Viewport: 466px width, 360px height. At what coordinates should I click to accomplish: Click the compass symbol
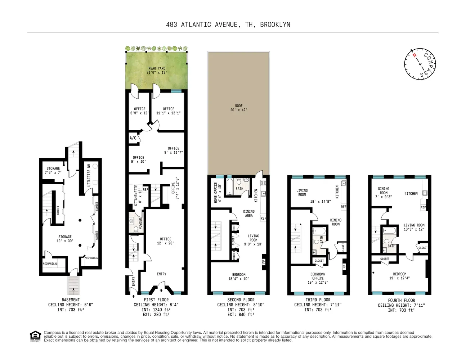pyautogui.click(x=420, y=63)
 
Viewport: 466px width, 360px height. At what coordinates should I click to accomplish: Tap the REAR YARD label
pyautogui.click(x=157, y=70)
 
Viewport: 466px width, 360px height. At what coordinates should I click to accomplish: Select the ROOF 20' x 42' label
pyautogui.click(x=239, y=108)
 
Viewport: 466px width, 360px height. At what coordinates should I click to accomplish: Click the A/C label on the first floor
pyautogui.click(x=133, y=138)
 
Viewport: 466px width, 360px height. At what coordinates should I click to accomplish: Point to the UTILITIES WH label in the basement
pyautogui.click(x=89, y=175)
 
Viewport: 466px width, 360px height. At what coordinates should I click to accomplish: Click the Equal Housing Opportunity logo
pyautogui.click(x=35, y=336)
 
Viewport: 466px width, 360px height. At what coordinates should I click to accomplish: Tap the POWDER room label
pyautogui.click(x=140, y=224)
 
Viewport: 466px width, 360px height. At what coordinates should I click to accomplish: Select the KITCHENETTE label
pyautogui.click(x=136, y=195)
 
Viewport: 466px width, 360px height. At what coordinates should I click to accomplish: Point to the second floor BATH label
pyautogui.click(x=239, y=189)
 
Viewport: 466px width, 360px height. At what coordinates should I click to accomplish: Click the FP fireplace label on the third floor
pyautogui.click(x=344, y=266)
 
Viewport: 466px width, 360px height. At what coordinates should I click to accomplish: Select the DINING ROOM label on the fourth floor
pyautogui.click(x=384, y=193)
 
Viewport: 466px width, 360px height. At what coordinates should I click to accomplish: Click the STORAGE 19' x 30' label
pyautogui.click(x=65, y=239)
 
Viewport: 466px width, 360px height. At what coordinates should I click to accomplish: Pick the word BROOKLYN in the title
pyautogui.click(x=275, y=24)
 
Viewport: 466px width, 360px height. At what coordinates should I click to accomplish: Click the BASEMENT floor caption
pyautogui.click(x=71, y=300)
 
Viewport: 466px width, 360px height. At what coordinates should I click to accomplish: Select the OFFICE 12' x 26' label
pyautogui.click(x=166, y=241)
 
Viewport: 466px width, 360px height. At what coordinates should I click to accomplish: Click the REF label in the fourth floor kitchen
pyautogui.click(x=423, y=207)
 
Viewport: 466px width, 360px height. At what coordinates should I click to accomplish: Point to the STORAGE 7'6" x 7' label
pyautogui.click(x=53, y=170)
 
